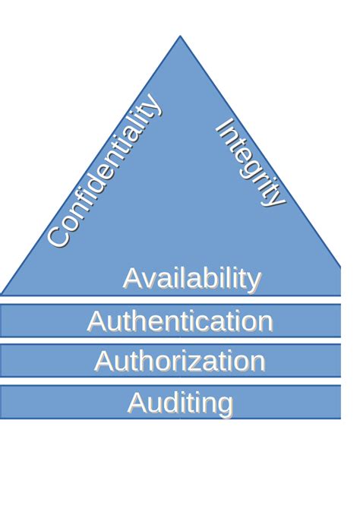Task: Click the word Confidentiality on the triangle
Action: click(x=105, y=170)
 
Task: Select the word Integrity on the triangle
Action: click(x=251, y=163)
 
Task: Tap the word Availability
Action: click(x=192, y=279)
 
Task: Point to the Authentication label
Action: click(x=180, y=321)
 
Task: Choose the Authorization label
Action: click(x=180, y=361)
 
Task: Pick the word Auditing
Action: click(x=181, y=403)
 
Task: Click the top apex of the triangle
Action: click(x=180, y=36)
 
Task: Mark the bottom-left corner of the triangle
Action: click(x=2, y=295)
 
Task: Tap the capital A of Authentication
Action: click(x=96, y=321)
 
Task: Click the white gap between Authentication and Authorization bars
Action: click(x=170, y=340)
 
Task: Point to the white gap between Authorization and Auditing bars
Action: click(x=170, y=381)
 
